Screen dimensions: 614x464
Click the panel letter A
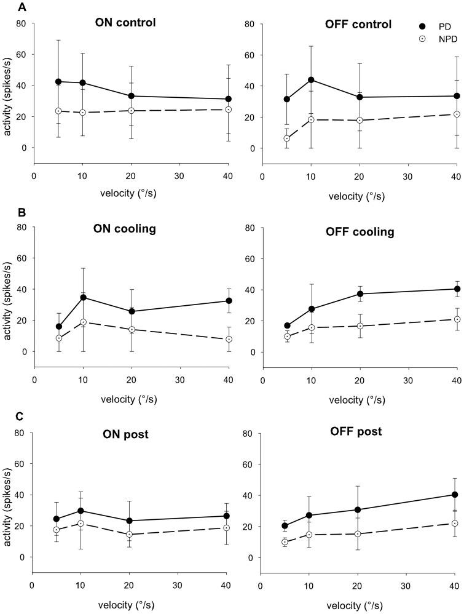6,7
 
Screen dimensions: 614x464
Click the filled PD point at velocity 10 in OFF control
311,80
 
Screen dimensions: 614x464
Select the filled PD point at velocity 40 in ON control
228,99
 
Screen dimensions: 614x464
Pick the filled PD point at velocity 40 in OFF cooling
457,289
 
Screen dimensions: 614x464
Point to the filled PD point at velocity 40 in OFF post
455,494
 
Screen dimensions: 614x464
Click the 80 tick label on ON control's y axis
21,24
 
